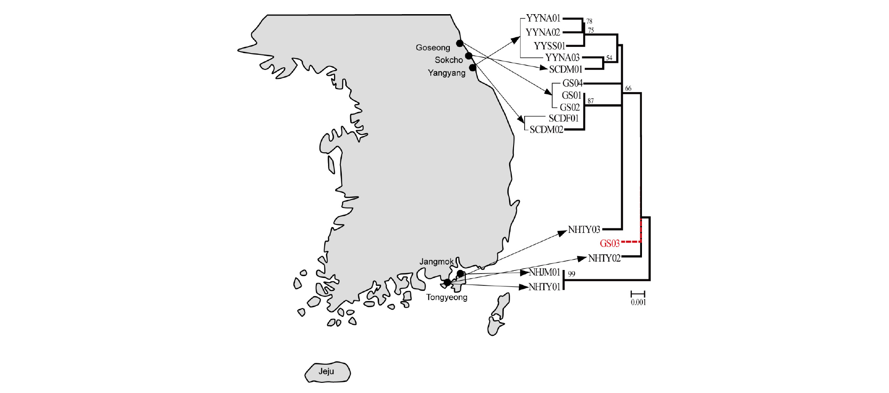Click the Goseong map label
point(433,47)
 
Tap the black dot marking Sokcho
point(468,56)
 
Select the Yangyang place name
point(446,73)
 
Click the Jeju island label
point(326,371)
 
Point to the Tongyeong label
point(446,297)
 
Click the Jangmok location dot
point(460,274)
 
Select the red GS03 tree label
point(609,243)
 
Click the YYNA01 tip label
point(543,18)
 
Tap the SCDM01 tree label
point(565,69)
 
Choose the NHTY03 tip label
point(584,230)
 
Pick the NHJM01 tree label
point(545,273)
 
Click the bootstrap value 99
point(572,274)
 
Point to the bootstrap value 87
point(591,101)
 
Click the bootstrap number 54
point(609,58)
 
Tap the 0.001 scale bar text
point(638,302)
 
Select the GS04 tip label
point(572,83)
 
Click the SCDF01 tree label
point(563,118)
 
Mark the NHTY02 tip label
point(604,258)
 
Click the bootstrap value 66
point(628,89)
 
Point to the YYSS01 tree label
point(549,46)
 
